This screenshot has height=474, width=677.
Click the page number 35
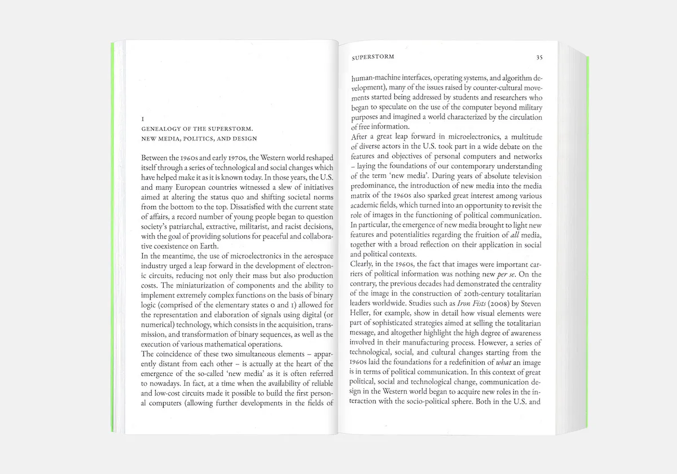point(539,58)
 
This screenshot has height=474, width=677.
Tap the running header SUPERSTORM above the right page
point(372,58)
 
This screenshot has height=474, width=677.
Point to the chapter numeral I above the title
point(143,119)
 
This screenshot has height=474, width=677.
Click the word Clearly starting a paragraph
point(364,263)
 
